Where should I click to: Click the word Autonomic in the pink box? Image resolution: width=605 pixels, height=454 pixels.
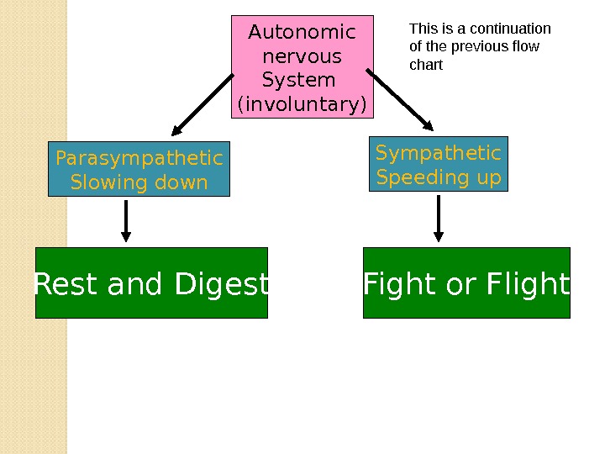[302, 32]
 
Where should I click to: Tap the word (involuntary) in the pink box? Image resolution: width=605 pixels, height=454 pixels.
[302, 104]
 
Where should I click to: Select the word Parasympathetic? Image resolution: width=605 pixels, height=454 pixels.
[139, 159]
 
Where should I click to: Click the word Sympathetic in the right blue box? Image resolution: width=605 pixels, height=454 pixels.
[439, 153]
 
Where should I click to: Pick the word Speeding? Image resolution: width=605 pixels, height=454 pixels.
[420, 177]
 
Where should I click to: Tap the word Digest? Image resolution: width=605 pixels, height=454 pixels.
[221, 284]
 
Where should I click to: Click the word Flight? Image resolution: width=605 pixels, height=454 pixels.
[528, 284]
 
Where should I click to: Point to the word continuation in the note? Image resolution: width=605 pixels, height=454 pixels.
[511, 29]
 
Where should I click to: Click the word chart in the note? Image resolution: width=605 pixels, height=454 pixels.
[426, 65]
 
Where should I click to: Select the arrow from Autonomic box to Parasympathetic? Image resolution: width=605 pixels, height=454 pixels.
[203, 104]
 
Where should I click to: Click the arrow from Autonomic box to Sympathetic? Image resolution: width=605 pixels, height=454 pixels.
[400, 99]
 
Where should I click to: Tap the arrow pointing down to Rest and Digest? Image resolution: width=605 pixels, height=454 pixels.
[126, 221]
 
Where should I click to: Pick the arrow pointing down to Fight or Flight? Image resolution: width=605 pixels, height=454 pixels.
[439, 218]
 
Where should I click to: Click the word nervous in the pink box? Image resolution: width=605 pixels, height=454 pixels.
[302, 57]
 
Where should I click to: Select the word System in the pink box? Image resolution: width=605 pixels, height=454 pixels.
[298, 81]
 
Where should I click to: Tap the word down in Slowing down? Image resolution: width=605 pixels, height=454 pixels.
[181, 182]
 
